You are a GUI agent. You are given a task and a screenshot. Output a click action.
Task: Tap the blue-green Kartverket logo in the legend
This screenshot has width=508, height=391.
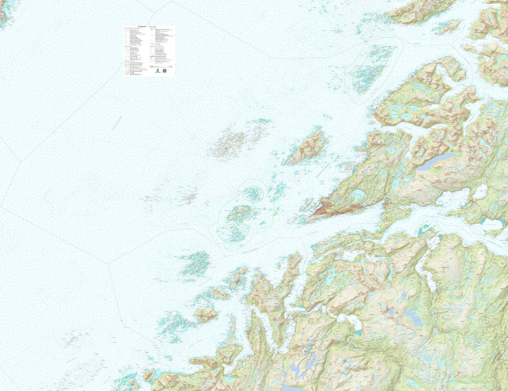coord(157,71)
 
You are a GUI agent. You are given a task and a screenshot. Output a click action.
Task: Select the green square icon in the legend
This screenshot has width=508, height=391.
coord(165,71)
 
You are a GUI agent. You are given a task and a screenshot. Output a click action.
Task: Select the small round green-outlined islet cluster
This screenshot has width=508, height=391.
coord(253,194)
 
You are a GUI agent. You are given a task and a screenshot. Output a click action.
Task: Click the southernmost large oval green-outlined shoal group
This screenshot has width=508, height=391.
coord(233,233)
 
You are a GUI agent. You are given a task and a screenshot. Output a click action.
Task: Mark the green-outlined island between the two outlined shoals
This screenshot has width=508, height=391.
coord(240,213)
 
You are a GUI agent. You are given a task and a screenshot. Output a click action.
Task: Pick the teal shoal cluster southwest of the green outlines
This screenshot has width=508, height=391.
coord(196,263)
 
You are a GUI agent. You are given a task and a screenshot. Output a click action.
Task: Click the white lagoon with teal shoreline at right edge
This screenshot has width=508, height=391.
coord(480,193)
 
